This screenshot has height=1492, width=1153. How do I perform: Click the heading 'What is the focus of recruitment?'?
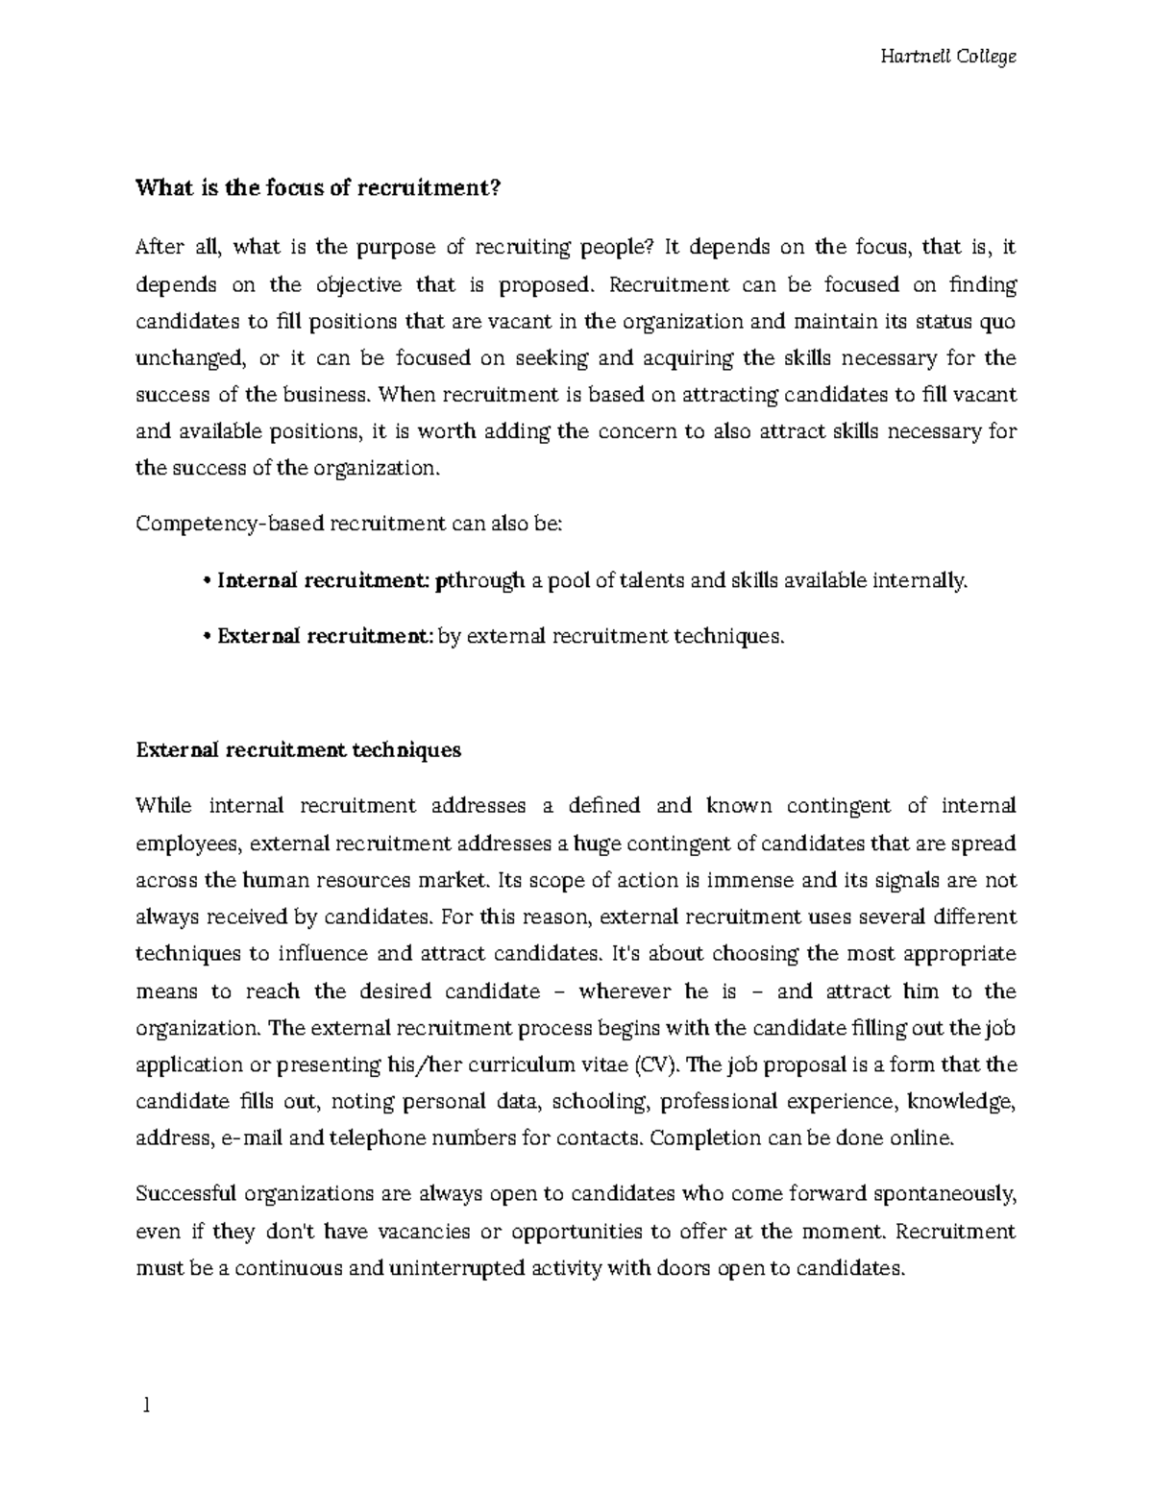pos(319,189)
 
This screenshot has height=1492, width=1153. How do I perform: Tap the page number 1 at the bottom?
pos(146,1406)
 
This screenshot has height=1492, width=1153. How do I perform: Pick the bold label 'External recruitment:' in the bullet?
pos(326,636)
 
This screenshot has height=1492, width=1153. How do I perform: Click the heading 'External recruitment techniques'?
pos(299,750)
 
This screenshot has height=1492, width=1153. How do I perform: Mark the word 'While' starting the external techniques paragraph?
pos(164,805)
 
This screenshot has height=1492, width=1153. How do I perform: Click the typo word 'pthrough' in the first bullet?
pos(479,580)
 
